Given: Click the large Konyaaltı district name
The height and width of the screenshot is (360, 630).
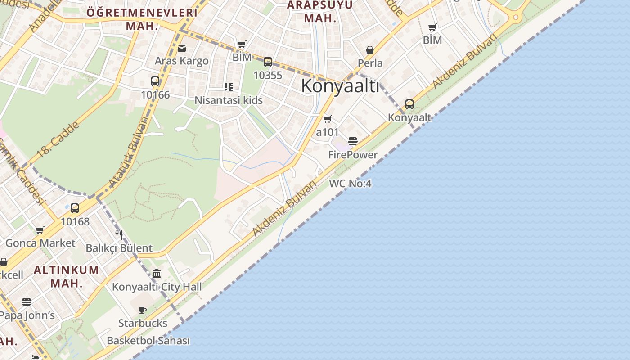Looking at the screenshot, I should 340,85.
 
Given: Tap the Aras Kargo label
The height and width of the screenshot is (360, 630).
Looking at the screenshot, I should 182,61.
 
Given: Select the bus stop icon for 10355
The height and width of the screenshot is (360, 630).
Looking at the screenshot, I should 268,62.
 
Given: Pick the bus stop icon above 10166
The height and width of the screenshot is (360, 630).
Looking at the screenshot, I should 155,81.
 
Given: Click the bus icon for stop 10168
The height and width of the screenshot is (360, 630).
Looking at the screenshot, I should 75,208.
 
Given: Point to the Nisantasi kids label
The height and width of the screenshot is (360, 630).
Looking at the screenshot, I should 229,100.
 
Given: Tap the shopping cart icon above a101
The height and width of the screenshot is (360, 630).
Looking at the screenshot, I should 328,119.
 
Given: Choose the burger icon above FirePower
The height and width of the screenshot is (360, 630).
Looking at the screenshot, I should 353,141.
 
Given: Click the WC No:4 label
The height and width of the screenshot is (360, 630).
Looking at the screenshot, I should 350,183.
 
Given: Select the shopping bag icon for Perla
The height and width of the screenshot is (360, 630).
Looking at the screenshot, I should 370,49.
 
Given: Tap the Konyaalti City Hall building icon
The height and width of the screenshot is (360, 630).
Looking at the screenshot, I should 157,273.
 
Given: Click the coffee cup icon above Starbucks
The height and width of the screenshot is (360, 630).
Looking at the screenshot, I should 143,310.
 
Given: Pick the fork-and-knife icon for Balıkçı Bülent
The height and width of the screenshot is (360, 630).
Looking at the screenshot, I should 119,234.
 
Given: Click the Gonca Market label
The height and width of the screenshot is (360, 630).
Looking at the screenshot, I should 40,243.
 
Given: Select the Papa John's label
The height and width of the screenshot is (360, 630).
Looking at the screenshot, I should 27,315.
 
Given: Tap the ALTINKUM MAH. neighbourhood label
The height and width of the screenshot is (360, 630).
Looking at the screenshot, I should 66,276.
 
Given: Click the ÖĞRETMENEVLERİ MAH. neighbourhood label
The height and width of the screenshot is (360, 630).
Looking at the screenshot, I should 142,19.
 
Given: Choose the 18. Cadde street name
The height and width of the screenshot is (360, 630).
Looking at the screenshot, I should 58,139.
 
